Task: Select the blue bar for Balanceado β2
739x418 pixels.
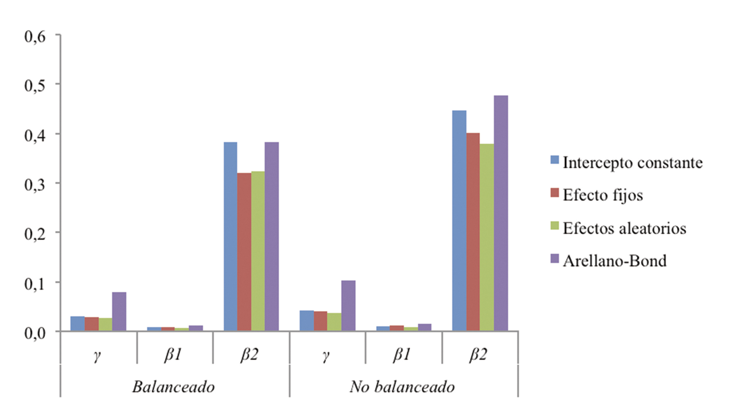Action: point(230,237)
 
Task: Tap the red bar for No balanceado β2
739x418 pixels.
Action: point(473,232)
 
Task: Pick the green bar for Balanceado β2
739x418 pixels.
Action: point(258,251)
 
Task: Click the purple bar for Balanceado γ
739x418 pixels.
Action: point(119,312)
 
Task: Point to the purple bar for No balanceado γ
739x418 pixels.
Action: point(348,306)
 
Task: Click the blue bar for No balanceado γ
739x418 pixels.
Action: point(307,320)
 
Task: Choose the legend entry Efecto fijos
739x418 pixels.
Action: point(602,195)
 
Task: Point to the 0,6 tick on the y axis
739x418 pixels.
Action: point(40,37)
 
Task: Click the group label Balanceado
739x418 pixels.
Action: point(173,387)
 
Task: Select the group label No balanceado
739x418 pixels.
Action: point(402,387)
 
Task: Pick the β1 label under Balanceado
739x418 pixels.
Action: point(173,355)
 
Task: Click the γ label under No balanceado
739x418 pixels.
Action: point(326,356)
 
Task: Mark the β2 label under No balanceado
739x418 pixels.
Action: point(478,355)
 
